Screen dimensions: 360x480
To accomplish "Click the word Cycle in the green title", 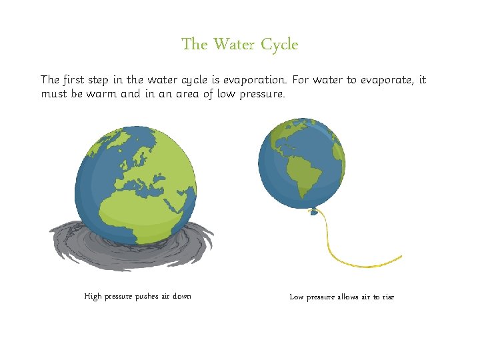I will tap(279, 45).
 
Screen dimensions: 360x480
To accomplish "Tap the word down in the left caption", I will tap(181, 296).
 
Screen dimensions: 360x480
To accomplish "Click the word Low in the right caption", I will tap(297, 297).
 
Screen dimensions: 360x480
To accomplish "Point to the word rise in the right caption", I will tap(387, 297).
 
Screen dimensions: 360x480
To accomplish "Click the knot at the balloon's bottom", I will tap(313, 212).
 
